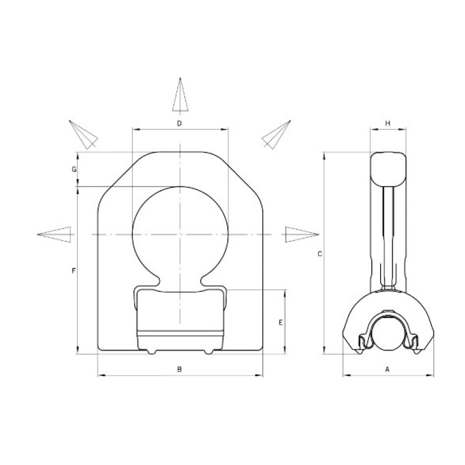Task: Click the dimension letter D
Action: tap(179, 123)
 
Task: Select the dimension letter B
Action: tap(179, 369)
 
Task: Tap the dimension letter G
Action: tap(74, 169)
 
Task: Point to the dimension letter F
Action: tap(74, 270)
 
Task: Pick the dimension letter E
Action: tap(281, 323)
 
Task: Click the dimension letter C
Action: tap(320, 254)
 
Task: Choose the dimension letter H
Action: tap(388, 123)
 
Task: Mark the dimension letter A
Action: tap(387, 369)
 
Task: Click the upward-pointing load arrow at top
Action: tap(180, 95)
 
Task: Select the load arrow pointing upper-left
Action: tap(83, 135)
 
